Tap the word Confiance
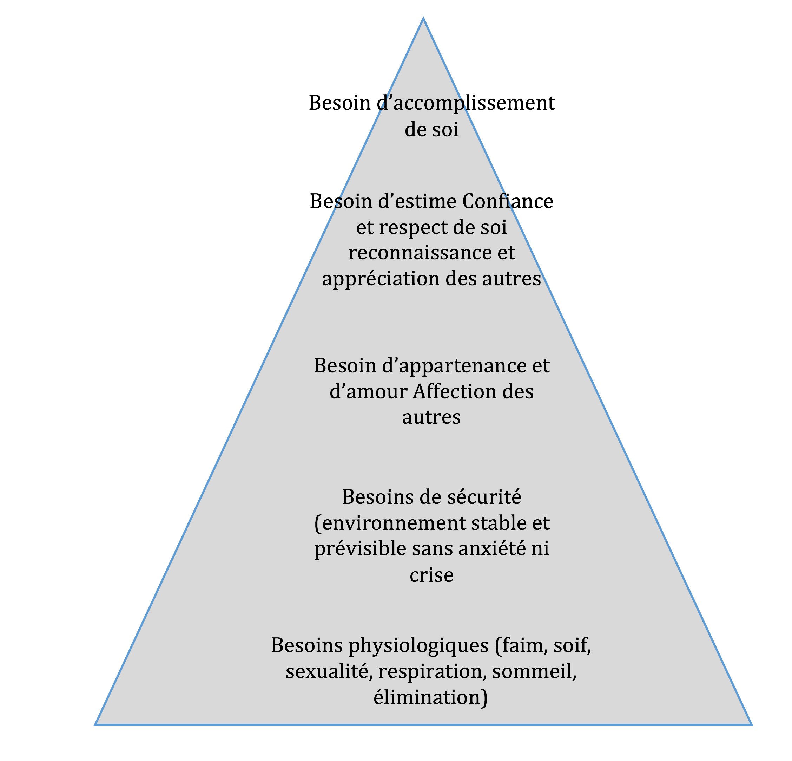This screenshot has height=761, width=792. tap(508, 201)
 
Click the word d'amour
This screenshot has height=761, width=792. tap(368, 391)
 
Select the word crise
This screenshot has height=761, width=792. tap(431, 575)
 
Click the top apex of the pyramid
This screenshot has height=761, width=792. tap(423, 18)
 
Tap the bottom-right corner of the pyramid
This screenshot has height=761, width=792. tap(751, 724)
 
